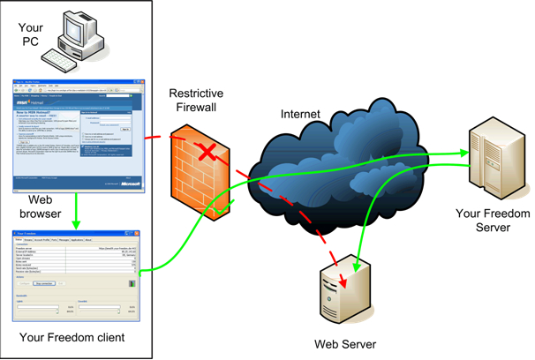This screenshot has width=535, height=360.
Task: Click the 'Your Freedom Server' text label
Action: pos(491,220)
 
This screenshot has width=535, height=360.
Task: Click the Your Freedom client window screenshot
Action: pos(79,274)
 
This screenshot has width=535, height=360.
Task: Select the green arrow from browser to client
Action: pos(79,211)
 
